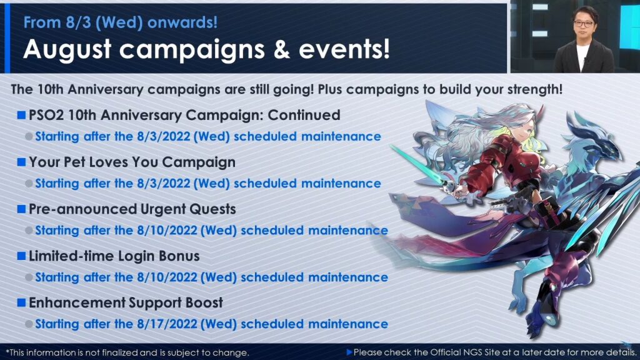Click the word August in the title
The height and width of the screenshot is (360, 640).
(x=67, y=49)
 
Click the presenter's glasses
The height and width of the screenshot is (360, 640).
(x=584, y=24)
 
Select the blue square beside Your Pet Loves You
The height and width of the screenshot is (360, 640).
(x=21, y=162)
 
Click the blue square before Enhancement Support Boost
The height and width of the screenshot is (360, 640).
(x=21, y=302)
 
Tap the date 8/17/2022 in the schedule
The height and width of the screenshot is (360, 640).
(x=167, y=324)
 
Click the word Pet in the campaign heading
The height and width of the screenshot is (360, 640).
(x=74, y=162)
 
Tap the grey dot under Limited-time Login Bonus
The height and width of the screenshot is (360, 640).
(x=29, y=277)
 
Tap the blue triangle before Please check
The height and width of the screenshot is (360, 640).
(x=349, y=352)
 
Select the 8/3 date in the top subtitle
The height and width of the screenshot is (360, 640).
(x=78, y=22)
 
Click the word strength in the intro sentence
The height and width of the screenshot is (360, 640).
(x=532, y=89)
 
